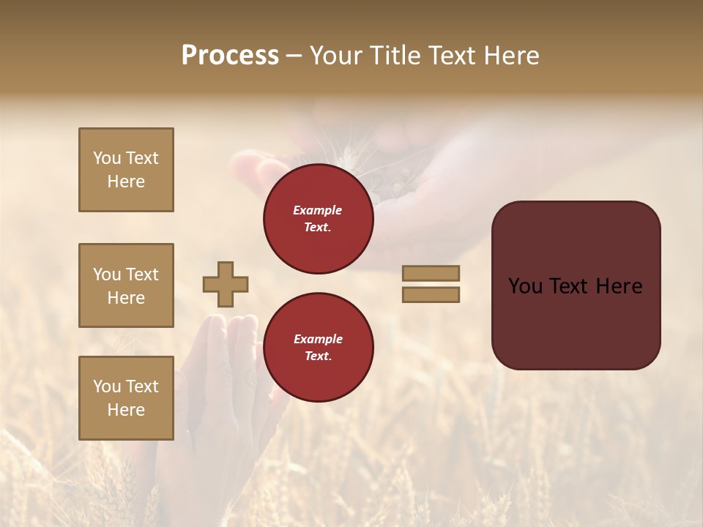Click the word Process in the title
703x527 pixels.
pyautogui.click(x=230, y=56)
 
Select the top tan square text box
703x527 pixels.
pyautogui.click(x=126, y=170)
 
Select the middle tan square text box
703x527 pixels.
pyautogui.click(x=126, y=285)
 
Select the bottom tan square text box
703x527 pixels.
pyautogui.click(x=126, y=397)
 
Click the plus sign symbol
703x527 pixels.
pyautogui.click(x=226, y=284)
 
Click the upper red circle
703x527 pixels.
pyautogui.click(x=318, y=219)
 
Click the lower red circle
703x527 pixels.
pyautogui.click(x=318, y=347)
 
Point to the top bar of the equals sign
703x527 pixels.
pyautogui.click(x=431, y=273)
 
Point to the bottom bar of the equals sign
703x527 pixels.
pyautogui.click(x=431, y=294)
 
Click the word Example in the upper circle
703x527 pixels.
pyautogui.click(x=318, y=210)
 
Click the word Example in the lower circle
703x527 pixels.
pyautogui.click(x=318, y=339)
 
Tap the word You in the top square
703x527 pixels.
pyautogui.click(x=107, y=158)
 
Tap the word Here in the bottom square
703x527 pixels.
pyautogui.click(x=126, y=410)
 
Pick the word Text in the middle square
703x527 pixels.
pyautogui.click(x=142, y=274)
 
